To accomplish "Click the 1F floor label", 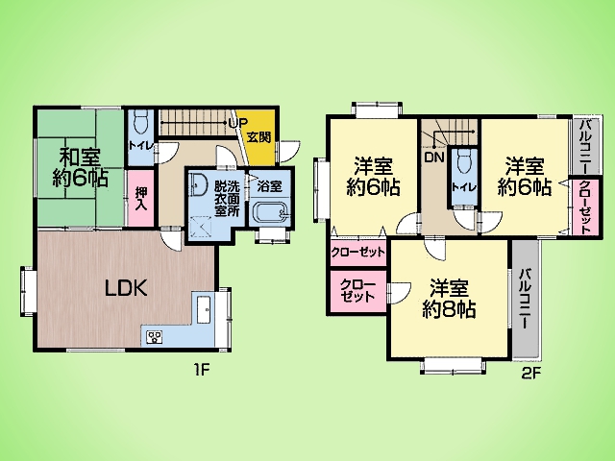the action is point(202,369).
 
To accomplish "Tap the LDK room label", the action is point(126,288).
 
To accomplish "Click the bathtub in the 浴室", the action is point(270,213).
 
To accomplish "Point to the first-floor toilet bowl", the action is point(140,121).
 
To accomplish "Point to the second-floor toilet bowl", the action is point(464,161).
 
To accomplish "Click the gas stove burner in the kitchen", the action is point(155,337).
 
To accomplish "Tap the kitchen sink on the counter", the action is point(204,309).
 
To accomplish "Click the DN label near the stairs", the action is point(434,158).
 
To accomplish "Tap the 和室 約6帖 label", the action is point(80,167).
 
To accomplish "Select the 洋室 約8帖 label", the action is point(449,299).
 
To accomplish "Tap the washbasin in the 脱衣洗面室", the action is point(199,184).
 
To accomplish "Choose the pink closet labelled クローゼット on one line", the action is point(357,252).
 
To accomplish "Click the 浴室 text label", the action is point(270,185).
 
